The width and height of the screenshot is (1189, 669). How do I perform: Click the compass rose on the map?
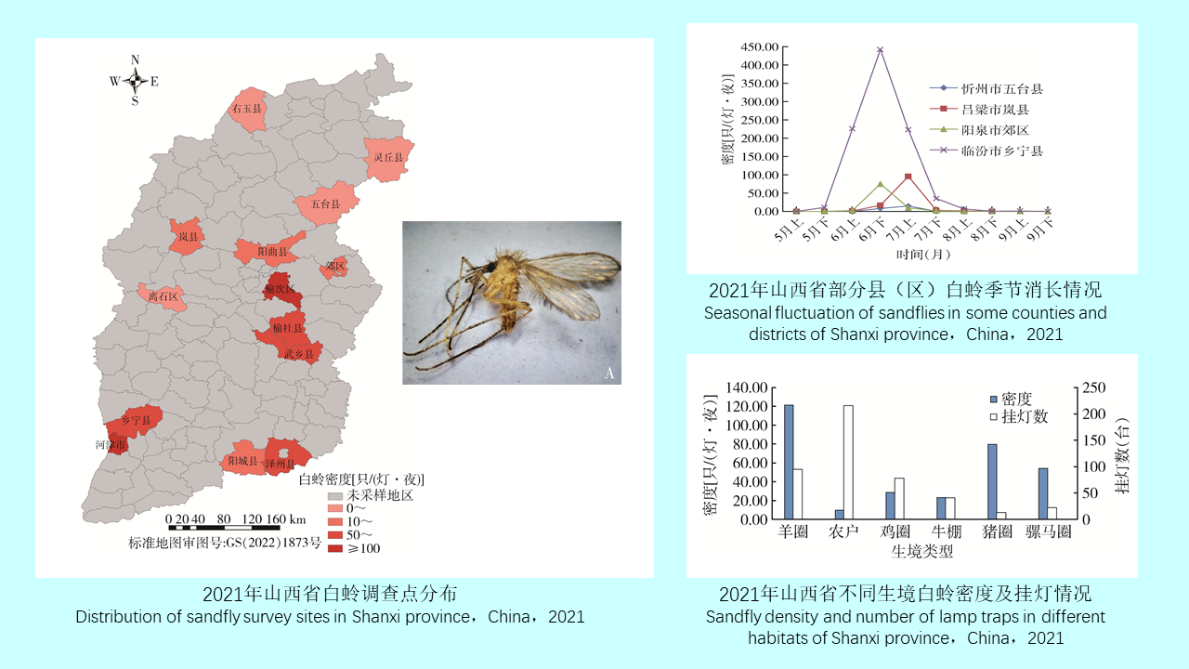135,81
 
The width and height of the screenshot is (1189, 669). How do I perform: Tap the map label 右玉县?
246,109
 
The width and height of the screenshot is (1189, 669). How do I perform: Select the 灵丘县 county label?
388,158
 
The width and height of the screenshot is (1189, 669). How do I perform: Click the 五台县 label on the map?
325,203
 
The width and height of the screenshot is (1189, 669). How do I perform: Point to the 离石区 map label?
163,297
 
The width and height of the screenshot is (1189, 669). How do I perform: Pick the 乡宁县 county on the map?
136,421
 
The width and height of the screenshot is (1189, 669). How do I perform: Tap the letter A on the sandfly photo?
609,374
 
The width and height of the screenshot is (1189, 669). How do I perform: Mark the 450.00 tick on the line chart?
760,47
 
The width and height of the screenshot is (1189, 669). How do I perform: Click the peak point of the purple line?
880,50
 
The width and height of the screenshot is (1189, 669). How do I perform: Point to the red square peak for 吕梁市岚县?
908,177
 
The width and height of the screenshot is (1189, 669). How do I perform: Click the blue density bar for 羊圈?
789,462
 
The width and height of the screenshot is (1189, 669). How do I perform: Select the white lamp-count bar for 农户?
848,462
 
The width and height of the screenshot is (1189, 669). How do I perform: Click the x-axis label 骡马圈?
1049,532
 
